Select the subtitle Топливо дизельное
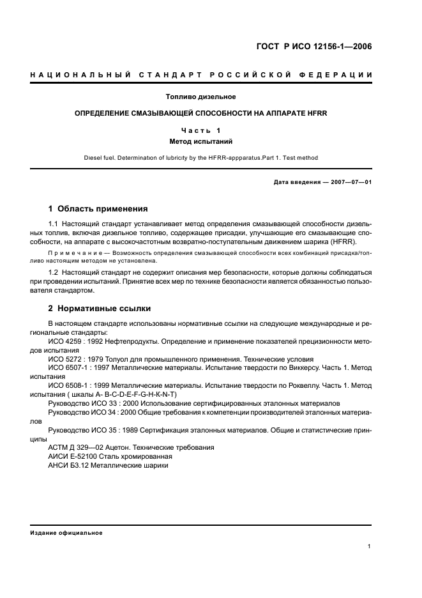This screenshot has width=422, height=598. [200, 97]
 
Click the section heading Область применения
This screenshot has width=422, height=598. [102, 208]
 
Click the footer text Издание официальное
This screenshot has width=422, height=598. [66, 533]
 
